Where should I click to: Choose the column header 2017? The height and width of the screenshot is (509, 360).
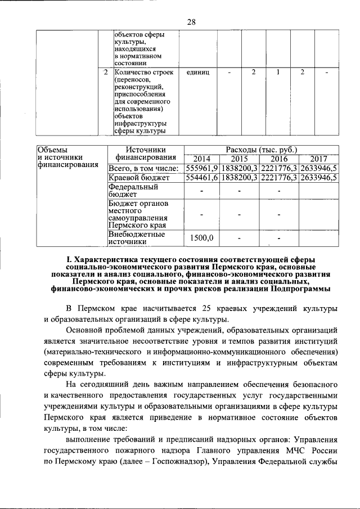318,159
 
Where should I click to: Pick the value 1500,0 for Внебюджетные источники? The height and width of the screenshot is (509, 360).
202,238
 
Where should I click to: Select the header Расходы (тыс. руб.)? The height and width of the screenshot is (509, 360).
261,149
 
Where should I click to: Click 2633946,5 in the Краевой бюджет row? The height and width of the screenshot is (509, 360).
318,178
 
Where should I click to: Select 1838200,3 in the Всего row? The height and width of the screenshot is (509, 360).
240,168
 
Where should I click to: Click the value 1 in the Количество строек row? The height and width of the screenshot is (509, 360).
278,73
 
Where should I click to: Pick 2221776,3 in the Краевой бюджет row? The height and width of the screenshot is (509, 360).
279,178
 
